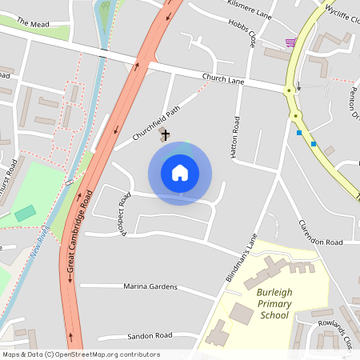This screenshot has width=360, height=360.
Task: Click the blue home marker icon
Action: click(x=180, y=173)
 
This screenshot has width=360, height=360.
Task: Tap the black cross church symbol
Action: click(x=166, y=135)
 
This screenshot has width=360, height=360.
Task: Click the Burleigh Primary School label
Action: click(x=274, y=304)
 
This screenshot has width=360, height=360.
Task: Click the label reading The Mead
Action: click(x=33, y=24)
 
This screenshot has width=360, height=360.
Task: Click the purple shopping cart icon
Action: click(x=290, y=42)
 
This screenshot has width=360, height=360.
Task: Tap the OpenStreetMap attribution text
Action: click(x=81, y=354)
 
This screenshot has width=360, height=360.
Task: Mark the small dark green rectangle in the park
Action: click(x=26, y=214)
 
